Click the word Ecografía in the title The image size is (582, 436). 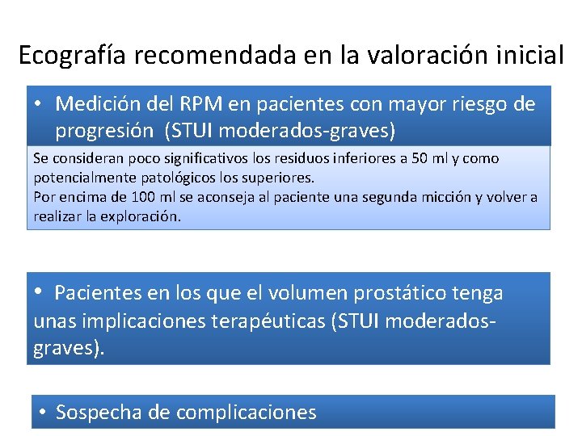click(73, 56)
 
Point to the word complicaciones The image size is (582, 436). click(246, 413)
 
